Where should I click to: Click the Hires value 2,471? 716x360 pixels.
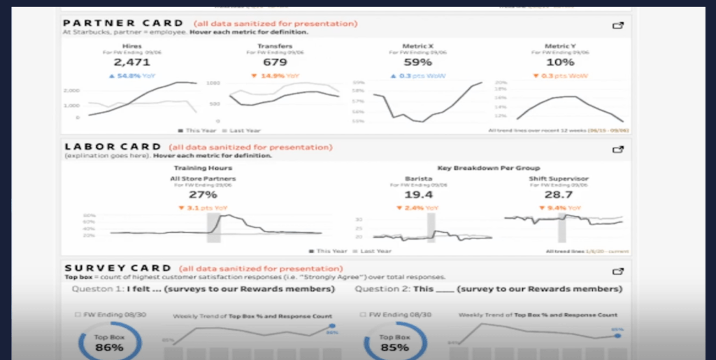click(127, 63)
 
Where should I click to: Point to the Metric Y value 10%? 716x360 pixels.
click(561, 63)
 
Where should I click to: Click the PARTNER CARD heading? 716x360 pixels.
click(124, 24)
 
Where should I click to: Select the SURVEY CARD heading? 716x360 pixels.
click(118, 268)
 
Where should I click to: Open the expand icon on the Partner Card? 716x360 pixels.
click(617, 26)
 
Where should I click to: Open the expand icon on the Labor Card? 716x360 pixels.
click(617, 149)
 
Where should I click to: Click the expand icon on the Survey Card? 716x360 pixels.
click(617, 271)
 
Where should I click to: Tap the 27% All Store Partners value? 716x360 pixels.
click(203, 195)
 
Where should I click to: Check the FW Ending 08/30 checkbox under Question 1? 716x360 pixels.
click(78, 315)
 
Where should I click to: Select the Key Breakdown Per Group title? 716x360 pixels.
click(482, 168)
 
